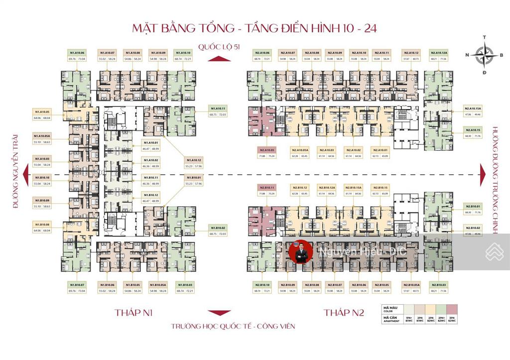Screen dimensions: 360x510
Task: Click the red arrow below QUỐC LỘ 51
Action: coord(217,59)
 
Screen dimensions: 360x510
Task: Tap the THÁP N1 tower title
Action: coord(133,313)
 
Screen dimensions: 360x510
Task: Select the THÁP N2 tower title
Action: coord(344,313)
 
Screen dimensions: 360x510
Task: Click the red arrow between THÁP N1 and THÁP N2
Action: coord(217,313)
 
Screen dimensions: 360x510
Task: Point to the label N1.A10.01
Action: coord(150,142)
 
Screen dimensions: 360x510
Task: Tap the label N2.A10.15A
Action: coord(471,109)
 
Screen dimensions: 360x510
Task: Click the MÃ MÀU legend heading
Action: coord(389,309)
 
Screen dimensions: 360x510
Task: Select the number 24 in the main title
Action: coord(369,27)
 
